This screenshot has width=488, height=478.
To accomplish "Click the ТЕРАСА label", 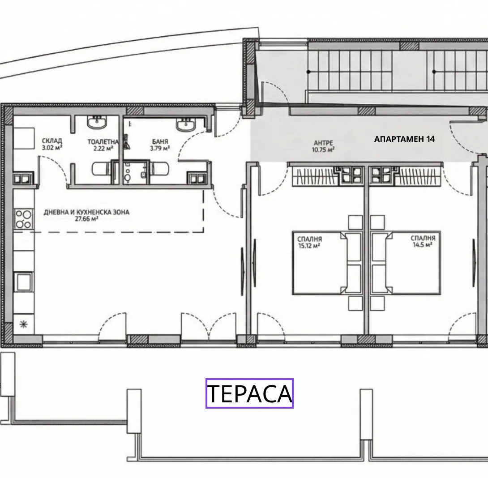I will coord(249,393).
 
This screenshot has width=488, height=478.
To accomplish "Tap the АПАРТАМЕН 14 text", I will coord(404,139).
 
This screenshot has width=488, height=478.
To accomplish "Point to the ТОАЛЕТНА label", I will coord(103,141).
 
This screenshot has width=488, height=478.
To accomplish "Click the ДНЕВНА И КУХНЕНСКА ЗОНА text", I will coord(86,212).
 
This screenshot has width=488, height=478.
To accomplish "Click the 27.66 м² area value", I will coord(86,219).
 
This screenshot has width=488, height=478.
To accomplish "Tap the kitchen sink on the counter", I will coord(23,282).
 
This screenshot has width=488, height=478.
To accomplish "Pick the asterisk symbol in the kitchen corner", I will coord(23,324).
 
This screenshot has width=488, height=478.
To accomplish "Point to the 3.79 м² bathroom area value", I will coord(160,148).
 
